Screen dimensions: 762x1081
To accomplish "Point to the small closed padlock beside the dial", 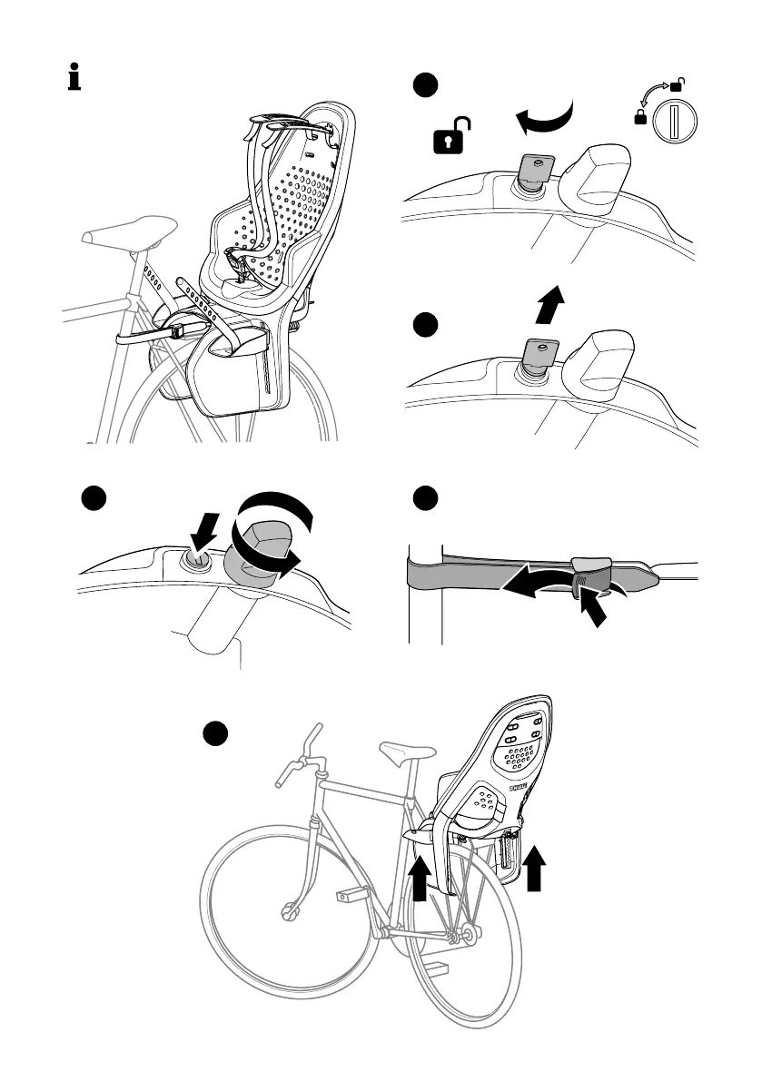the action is pyautogui.click(x=641, y=118).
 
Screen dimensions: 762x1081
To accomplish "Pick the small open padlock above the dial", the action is pyautogui.click(x=676, y=85).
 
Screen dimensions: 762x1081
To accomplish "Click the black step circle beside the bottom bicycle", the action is pyautogui.click(x=213, y=734).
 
